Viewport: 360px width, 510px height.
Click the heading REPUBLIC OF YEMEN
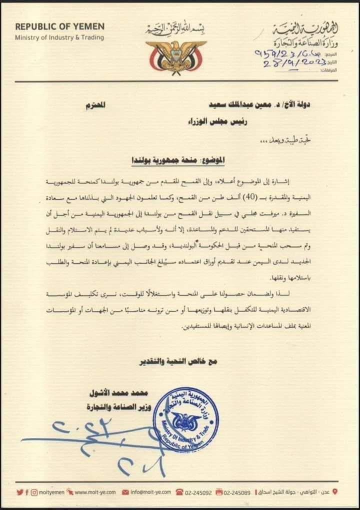tap(59, 27)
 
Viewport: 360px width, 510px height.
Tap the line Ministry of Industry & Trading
tap(59, 37)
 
